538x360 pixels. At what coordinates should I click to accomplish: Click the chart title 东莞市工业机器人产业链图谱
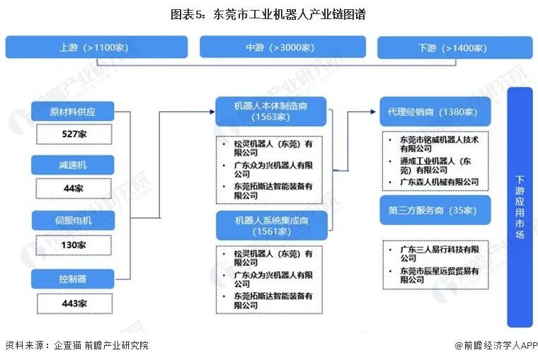coord(268,14)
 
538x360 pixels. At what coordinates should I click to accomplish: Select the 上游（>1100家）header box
coord(96,47)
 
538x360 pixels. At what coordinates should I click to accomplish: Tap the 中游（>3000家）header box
coord(282,47)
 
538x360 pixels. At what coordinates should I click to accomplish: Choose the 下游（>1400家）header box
coord(455,47)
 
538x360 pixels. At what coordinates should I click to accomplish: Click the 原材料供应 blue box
coord(73,112)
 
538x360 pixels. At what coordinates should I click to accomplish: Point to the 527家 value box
coord(74,134)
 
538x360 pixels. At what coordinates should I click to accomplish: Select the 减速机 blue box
coord(73,165)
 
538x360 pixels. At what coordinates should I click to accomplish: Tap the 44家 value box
coord(74,188)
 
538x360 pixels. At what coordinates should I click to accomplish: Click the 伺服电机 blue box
coord(73,220)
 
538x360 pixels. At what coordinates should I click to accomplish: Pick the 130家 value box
coord(74,245)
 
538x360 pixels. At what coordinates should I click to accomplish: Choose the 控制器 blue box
coord(73,279)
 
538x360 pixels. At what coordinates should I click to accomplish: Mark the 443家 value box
coord(74,303)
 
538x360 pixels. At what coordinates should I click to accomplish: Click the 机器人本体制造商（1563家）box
coord(270,112)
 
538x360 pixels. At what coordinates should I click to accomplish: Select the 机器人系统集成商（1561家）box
coord(272,226)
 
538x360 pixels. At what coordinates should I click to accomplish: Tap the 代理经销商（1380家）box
coord(435,112)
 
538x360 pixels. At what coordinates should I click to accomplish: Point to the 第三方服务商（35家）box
coord(435,210)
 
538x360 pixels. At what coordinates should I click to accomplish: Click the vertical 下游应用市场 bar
coord(520,207)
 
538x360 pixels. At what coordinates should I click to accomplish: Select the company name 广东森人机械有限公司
coord(439,182)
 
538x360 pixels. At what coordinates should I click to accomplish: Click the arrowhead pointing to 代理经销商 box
coord(373,112)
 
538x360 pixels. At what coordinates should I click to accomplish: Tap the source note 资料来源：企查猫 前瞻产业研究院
coord(77,345)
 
